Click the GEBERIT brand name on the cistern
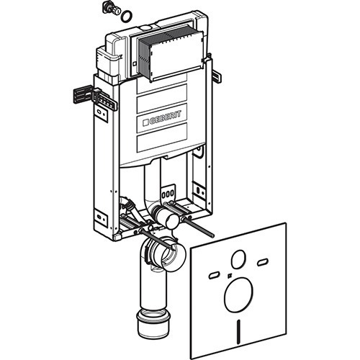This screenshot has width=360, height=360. pyautogui.click(x=165, y=118)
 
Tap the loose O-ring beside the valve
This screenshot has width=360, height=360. pyautogui.click(x=126, y=17)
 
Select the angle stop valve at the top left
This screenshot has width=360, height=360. pyautogui.click(x=111, y=8)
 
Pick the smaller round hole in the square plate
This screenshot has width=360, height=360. pyautogui.click(x=238, y=259)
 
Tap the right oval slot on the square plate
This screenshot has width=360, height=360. pyautogui.click(x=263, y=262)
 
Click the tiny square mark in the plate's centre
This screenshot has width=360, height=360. pyautogui.click(x=230, y=275)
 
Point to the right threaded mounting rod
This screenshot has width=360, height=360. pyautogui.click(x=198, y=226)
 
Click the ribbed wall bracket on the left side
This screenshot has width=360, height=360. pyautogui.click(x=95, y=97)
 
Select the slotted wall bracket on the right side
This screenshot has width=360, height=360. pyautogui.click(x=217, y=76)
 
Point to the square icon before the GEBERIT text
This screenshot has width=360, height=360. pyautogui.click(x=146, y=123)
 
